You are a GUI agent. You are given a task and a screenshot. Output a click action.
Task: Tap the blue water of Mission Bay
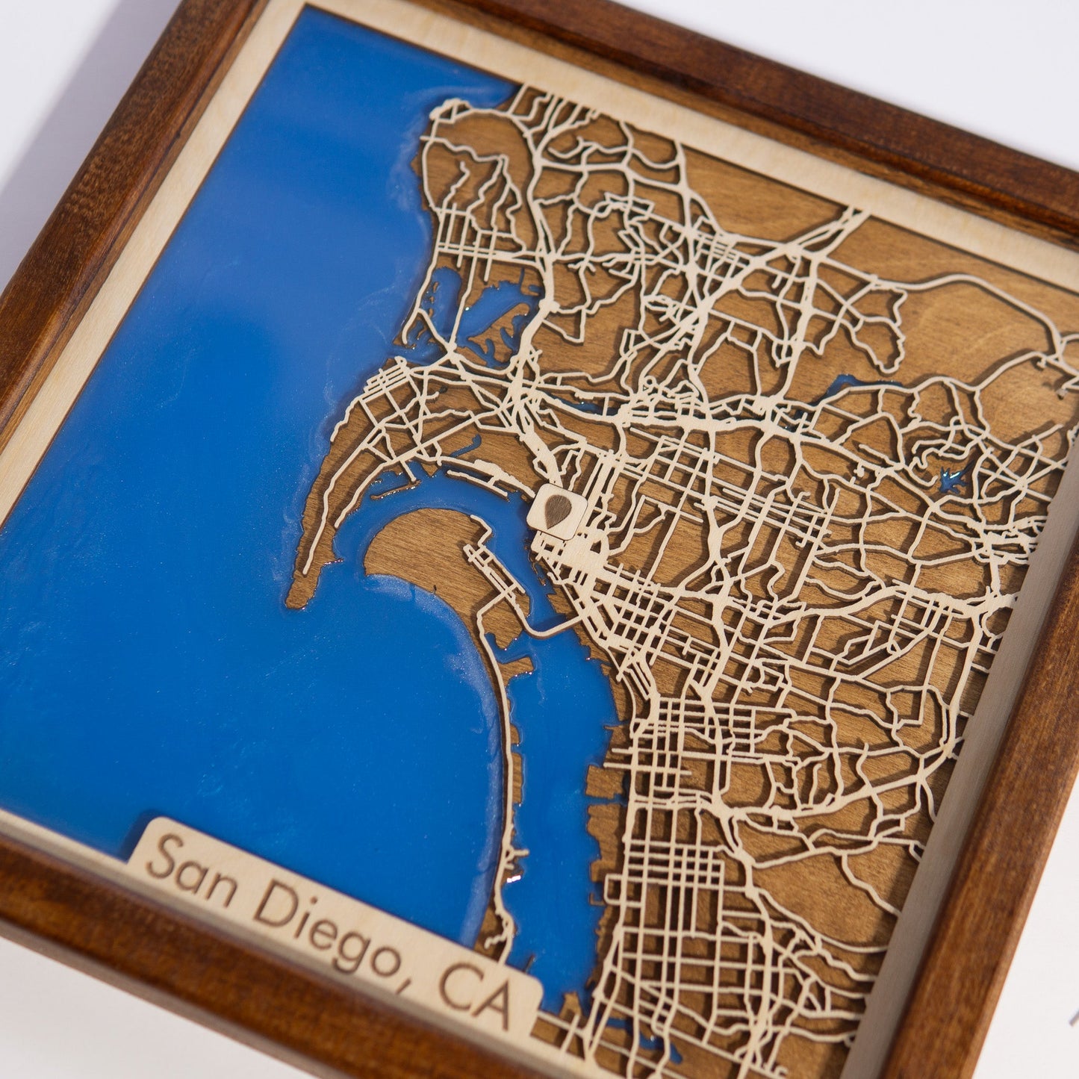pyautogui.click(x=493, y=306)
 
